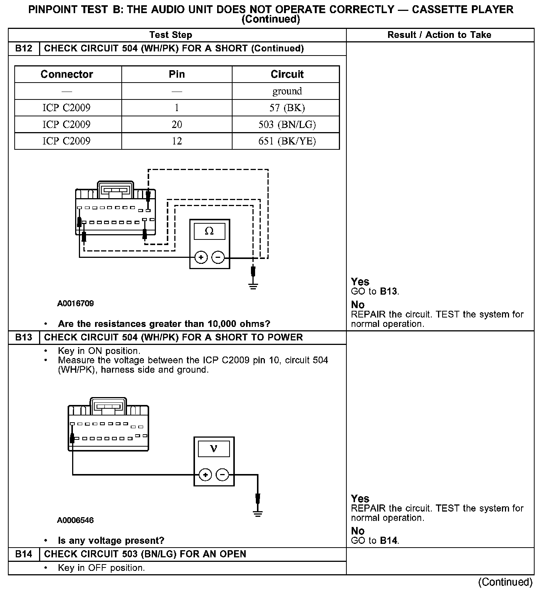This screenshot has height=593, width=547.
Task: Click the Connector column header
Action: pyautogui.click(x=67, y=74)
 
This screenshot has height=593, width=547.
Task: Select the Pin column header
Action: pyautogui.click(x=177, y=74)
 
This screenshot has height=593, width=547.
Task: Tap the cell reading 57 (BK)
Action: pyautogui.click(x=287, y=108)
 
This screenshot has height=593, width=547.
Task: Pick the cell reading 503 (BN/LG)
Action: pyautogui.click(x=287, y=125)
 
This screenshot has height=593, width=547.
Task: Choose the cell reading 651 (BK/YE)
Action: pyautogui.click(x=287, y=141)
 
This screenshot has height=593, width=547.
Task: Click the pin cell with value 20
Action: pyautogui.click(x=177, y=125)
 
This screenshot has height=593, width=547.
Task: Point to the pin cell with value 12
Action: pyautogui.click(x=177, y=141)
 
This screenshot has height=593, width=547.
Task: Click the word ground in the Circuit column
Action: pyautogui.click(x=287, y=91)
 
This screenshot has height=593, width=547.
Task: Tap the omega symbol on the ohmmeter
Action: pyautogui.click(x=209, y=231)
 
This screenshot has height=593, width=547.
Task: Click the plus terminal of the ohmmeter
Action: pyautogui.click(x=201, y=257)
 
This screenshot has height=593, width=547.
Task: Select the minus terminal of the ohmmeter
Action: pyautogui.click(x=218, y=257)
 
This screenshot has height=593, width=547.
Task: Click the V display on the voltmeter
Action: pyautogui.click(x=214, y=449)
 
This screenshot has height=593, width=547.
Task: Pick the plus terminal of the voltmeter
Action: pyautogui.click(x=205, y=475)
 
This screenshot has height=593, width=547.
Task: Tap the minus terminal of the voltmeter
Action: pyautogui.click(x=222, y=475)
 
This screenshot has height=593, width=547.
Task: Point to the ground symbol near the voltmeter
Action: pyautogui.click(x=258, y=513)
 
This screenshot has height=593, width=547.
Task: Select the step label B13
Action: pyautogui.click(x=24, y=337)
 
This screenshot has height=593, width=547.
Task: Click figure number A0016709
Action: pyautogui.click(x=76, y=303)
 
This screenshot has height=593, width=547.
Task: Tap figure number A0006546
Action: pyautogui.click(x=76, y=520)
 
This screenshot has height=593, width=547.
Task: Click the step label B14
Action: pyautogui.click(x=24, y=554)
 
